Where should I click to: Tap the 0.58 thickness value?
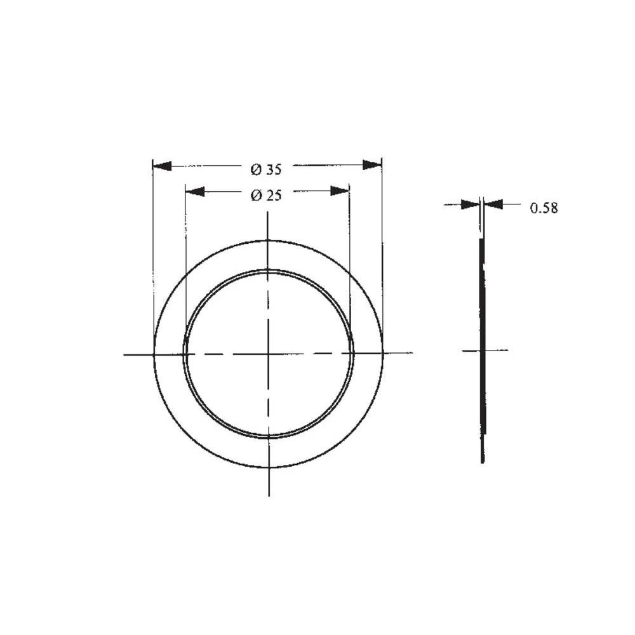click(544, 208)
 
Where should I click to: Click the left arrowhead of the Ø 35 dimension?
click(163, 166)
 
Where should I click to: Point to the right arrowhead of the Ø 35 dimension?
click(372, 165)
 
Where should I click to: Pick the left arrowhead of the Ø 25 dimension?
click(195, 191)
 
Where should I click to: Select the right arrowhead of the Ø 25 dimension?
click(340, 190)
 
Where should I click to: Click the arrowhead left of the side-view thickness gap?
click(471, 204)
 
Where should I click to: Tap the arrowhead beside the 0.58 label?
click(494, 204)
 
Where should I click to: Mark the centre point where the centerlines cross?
click(269, 354)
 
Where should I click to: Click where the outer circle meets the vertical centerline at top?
click(269, 241)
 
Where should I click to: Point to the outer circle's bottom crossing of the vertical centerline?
click(269, 468)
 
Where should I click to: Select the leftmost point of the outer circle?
click(154, 354)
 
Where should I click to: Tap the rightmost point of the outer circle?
click(383, 353)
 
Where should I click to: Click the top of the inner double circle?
click(269, 271)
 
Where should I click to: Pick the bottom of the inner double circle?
click(269, 438)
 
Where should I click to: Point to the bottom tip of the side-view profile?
click(483, 461)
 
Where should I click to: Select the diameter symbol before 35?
click(256, 170)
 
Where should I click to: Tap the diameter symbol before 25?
click(256, 196)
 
